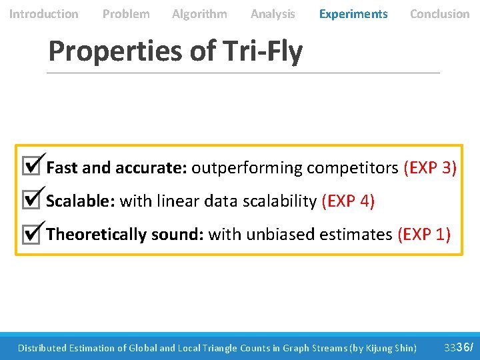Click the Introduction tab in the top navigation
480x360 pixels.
pos(43,13)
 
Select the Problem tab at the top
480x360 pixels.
pos(126,13)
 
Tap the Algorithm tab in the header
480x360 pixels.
pos(199,13)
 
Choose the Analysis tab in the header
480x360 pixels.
pos(273,13)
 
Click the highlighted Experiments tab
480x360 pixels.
pos(353,13)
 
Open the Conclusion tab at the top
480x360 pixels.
pos(439,13)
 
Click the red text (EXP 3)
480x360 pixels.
pos(430,167)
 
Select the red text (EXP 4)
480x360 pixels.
pos(348,201)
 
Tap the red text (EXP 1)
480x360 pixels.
pos(424,234)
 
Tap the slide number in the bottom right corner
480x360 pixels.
pos(458,347)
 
